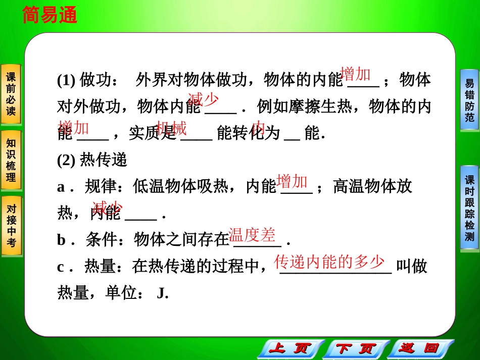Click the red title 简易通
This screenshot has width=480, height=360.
[x=50, y=16]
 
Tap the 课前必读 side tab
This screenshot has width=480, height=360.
[x=11, y=94]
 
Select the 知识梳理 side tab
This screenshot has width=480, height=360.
[x=11, y=160]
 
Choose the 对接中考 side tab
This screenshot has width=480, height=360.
[x=11, y=225]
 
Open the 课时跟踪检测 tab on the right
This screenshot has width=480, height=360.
[x=469, y=207]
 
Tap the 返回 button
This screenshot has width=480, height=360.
[x=418, y=349]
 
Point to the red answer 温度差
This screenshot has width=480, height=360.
[x=252, y=235]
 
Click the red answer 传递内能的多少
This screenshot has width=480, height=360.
[x=329, y=262]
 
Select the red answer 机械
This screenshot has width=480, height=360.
[x=171, y=128]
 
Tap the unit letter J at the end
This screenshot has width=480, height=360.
[x=162, y=293]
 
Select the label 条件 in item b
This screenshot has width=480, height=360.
[x=101, y=240]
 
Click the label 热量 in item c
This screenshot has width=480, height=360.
[x=100, y=267]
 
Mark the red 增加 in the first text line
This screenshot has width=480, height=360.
[x=356, y=74]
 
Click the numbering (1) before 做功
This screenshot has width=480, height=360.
[x=66, y=80]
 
